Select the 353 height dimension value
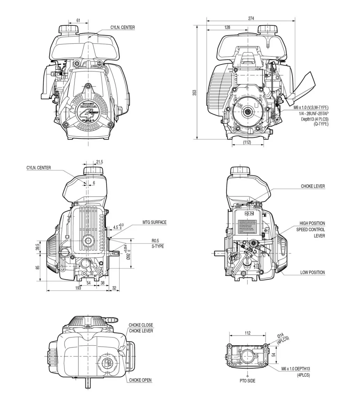[x=194, y=92]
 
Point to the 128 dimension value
[x=227, y=27]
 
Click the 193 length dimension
[x=78, y=288]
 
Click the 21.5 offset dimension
[x=99, y=162]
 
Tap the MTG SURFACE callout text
[x=154, y=222]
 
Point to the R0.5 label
[x=157, y=241]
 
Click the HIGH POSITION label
[x=312, y=223]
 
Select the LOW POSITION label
[x=312, y=272]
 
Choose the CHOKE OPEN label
[x=141, y=380]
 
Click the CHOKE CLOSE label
[x=141, y=325]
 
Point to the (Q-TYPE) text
[x=321, y=124]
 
